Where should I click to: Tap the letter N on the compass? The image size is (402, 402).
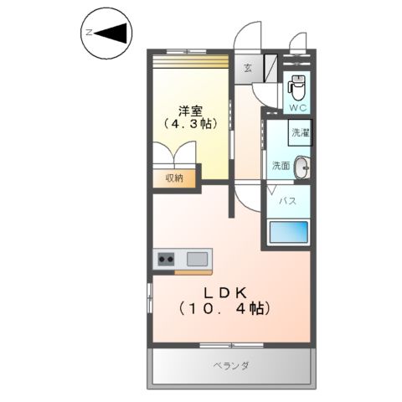88,33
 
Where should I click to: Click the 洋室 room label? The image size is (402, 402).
189,110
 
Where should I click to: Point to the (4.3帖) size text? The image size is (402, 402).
189,124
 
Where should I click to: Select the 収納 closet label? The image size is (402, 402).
174,178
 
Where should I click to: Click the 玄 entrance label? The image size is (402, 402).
248,69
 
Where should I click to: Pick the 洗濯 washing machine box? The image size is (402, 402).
298,133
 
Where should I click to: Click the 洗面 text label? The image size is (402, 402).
280,166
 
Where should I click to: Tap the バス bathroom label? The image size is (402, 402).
286,201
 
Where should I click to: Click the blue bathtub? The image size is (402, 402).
288,233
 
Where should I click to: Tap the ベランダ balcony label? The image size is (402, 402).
230,366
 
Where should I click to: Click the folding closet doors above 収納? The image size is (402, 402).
174,155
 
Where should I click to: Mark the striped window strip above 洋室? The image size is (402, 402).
189,60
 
